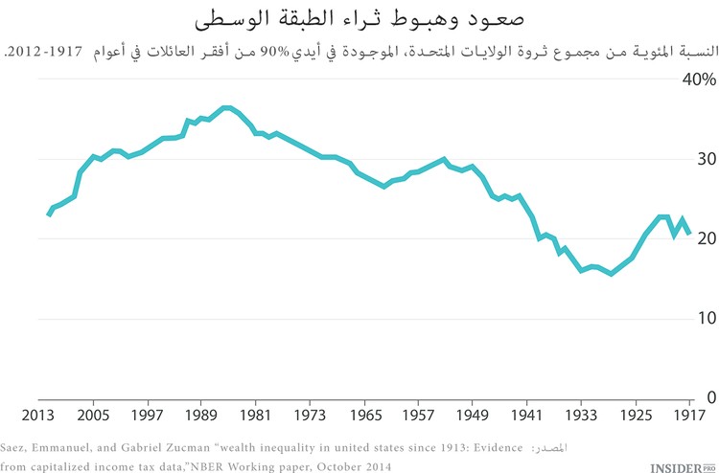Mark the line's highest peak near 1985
[x=225, y=107]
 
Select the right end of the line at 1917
[x=689, y=234]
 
